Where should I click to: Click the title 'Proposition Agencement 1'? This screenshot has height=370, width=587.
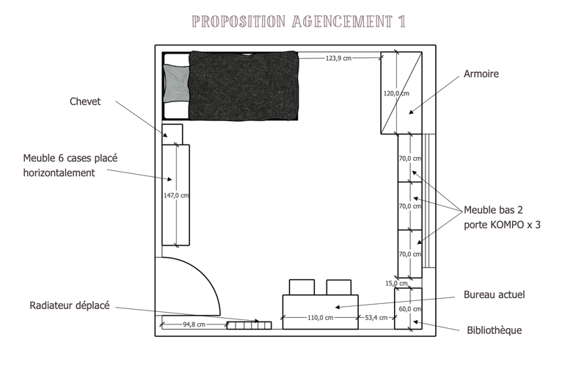pos(298,21)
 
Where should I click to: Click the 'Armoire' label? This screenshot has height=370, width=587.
pos(481,74)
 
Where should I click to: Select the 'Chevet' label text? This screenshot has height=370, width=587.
pos(85,102)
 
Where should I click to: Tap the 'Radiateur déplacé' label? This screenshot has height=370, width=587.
pos(70,305)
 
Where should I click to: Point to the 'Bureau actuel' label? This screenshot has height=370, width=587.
pos(494,295)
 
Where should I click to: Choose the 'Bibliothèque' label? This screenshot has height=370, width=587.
pos(495,330)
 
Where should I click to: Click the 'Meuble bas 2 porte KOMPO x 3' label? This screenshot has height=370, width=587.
pos(502,218)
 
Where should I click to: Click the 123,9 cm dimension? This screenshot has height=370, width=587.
pos(339,58)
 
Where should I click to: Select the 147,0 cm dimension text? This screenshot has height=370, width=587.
pos(176,195)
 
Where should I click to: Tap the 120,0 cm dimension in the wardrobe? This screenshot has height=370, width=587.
pos(395,93)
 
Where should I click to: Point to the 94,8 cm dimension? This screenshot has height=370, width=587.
pos(194,324)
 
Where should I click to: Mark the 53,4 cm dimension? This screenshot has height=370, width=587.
pos(377,318)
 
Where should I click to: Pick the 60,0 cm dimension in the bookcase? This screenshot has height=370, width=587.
pos(409,309)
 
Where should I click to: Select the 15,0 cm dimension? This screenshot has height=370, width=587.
pos(396,283)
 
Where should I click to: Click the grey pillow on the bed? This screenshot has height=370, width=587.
pos(175,82)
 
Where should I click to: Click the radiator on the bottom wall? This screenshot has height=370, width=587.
pos(249,324)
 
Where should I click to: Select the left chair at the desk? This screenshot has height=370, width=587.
pos(302,287)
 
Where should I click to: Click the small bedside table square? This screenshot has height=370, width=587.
pos(172,134)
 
